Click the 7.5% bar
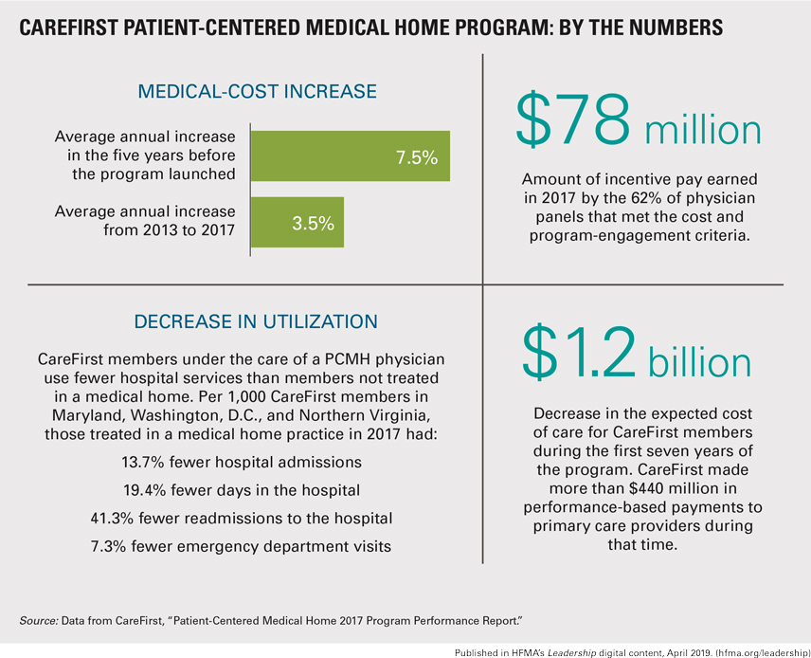[350, 156]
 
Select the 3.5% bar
[297, 223]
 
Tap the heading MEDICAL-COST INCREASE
[258, 92]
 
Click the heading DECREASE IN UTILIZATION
[257, 321]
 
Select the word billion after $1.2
[699, 364]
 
